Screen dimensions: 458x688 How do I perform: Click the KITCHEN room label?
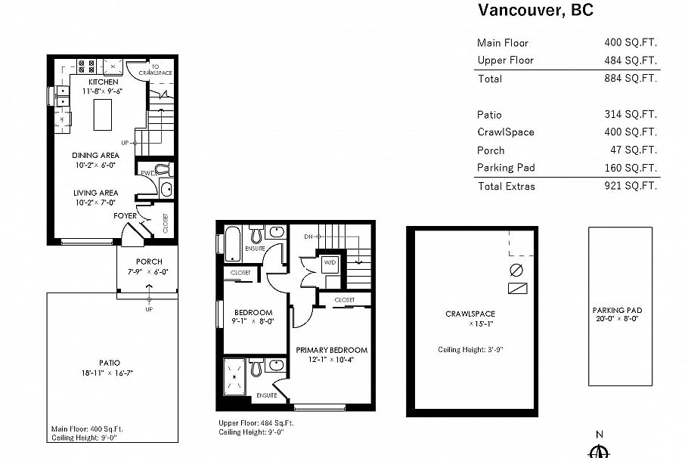point(103,82)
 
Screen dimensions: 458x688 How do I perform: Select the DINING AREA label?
point(95,155)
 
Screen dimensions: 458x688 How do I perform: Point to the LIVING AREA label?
point(95,193)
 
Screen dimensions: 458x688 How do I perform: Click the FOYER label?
point(125,215)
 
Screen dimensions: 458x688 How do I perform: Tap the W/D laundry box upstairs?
point(330,263)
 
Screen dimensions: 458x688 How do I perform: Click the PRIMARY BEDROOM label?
point(331,350)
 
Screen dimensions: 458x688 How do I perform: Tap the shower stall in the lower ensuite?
point(235,374)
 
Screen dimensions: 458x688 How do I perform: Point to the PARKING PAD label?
point(618,310)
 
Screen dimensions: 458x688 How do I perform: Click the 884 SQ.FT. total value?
point(631,78)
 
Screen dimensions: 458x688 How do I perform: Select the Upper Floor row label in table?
point(505,60)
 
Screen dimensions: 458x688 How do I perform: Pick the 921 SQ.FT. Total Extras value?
point(631,186)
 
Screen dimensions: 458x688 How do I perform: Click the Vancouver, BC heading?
point(535,10)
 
